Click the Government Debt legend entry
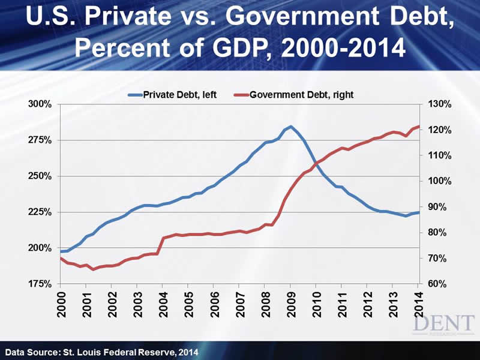(x=297, y=94)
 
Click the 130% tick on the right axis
(x=436, y=104)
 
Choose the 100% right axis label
(x=436, y=181)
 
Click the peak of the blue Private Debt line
(x=290, y=127)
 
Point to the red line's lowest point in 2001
(x=93, y=269)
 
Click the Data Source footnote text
(x=101, y=350)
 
